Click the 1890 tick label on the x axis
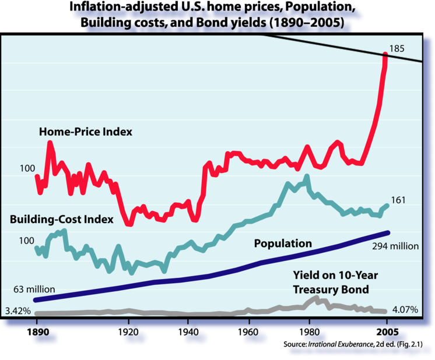[36, 334]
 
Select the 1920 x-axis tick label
[128, 334]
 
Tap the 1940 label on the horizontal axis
[188, 334]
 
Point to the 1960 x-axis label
[249, 334]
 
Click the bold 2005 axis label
[386, 334]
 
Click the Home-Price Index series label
[86, 132]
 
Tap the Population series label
[283, 243]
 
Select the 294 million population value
[395, 246]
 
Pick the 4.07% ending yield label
[405, 310]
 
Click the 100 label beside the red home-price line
[27, 168]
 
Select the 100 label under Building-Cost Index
[27, 240]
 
